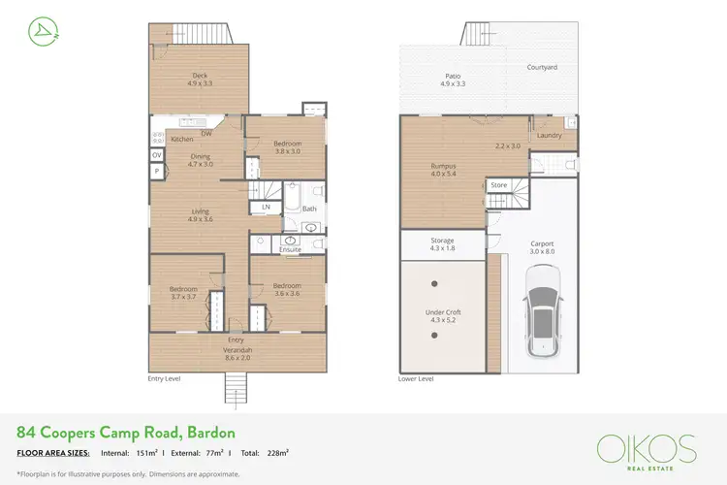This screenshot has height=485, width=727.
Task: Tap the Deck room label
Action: pyautogui.click(x=199, y=76)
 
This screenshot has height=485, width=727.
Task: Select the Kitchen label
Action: pyautogui.click(x=181, y=140)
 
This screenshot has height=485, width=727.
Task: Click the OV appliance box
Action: pyautogui.click(x=156, y=155)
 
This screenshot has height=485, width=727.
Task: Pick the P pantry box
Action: pyautogui.click(x=156, y=171)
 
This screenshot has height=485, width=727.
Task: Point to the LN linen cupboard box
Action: pyautogui.click(x=265, y=208)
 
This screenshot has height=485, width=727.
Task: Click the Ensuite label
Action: pyautogui.click(x=290, y=249)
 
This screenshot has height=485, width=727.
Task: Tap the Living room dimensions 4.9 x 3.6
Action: pyautogui.click(x=200, y=219)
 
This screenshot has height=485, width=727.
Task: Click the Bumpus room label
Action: pyautogui.click(x=443, y=166)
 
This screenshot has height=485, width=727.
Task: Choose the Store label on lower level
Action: pyautogui.click(x=498, y=184)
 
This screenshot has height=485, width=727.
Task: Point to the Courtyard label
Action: pyautogui.click(x=541, y=68)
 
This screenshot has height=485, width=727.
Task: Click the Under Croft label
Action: pyautogui.click(x=442, y=312)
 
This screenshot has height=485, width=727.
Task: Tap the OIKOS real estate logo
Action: pyautogui.click(x=646, y=449)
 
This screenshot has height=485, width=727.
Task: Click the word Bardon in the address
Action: pyautogui.click(x=208, y=432)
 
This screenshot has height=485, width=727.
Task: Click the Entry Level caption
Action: pyautogui.click(x=164, y=378)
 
